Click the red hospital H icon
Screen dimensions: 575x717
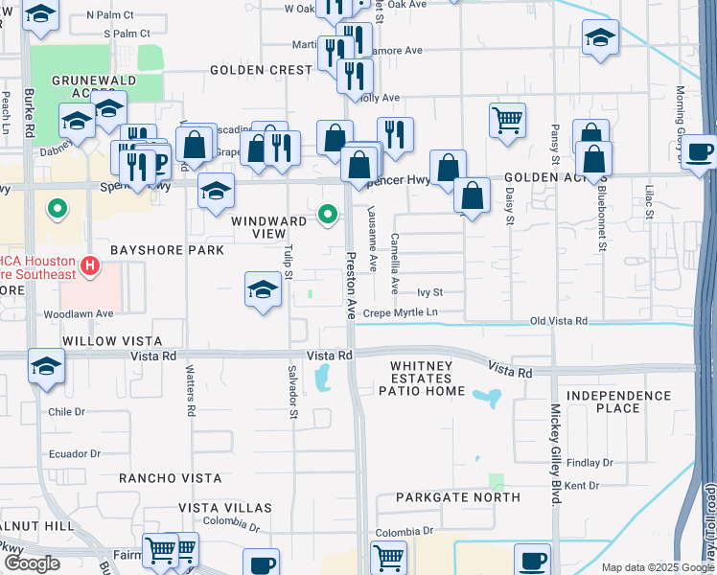click(x=90, y=264)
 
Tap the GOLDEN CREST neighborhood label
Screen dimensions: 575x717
click(x=256, y=70)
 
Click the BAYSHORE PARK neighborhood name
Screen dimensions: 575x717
click(x=167, y=250)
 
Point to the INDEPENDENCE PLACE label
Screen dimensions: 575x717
click(x=616, y=402)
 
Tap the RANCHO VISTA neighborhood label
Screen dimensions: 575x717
click(x=170, y=477)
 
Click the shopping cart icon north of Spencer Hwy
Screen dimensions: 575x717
click(x=507, y=120)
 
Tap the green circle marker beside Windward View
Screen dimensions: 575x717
click(x=328, y=214)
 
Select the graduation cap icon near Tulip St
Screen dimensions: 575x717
click(x=263, y=289)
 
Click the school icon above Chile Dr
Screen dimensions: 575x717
click(x=46, y=367)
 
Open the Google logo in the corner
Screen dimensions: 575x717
click(x=32, y=563)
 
